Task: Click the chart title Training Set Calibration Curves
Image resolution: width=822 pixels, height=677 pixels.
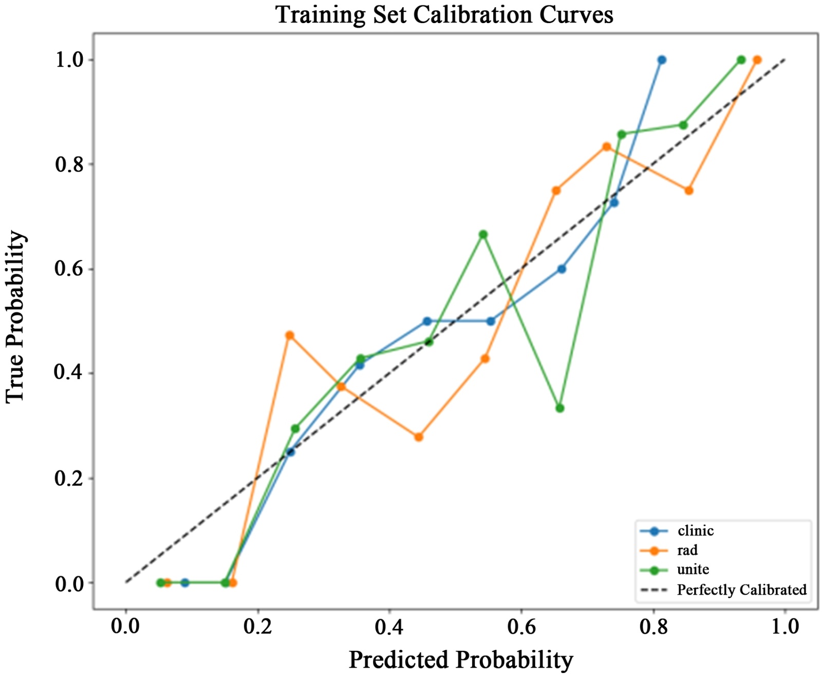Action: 444,14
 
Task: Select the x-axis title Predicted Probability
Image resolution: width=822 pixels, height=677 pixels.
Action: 461,660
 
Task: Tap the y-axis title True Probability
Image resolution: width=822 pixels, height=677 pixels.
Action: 16,317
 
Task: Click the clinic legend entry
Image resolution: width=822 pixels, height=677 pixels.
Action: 695,531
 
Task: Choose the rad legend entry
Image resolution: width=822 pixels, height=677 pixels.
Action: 687,550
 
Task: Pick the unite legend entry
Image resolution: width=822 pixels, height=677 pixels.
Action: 693,569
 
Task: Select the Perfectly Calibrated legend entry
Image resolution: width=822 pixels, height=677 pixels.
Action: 741,589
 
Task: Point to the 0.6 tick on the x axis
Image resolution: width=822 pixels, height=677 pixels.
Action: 521,627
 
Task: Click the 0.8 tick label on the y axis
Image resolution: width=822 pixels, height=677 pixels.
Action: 70,165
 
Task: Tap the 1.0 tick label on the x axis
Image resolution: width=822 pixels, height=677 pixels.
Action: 785,627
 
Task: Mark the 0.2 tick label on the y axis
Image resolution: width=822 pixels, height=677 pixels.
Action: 70,479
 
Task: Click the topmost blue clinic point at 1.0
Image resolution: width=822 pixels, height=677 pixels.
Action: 662,60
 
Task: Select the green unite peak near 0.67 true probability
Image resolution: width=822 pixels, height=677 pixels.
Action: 483,235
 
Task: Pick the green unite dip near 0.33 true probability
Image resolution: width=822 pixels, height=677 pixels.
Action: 560,408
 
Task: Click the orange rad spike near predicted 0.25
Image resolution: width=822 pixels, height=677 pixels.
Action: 290,335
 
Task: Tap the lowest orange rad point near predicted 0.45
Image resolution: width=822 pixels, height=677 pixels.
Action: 419,437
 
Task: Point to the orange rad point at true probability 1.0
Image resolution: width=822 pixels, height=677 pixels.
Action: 757,60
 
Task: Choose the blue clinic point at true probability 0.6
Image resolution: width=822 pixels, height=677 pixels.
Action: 562,269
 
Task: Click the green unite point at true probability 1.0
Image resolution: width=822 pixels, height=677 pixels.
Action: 741,60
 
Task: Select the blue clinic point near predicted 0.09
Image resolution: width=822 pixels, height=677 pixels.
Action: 185,582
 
